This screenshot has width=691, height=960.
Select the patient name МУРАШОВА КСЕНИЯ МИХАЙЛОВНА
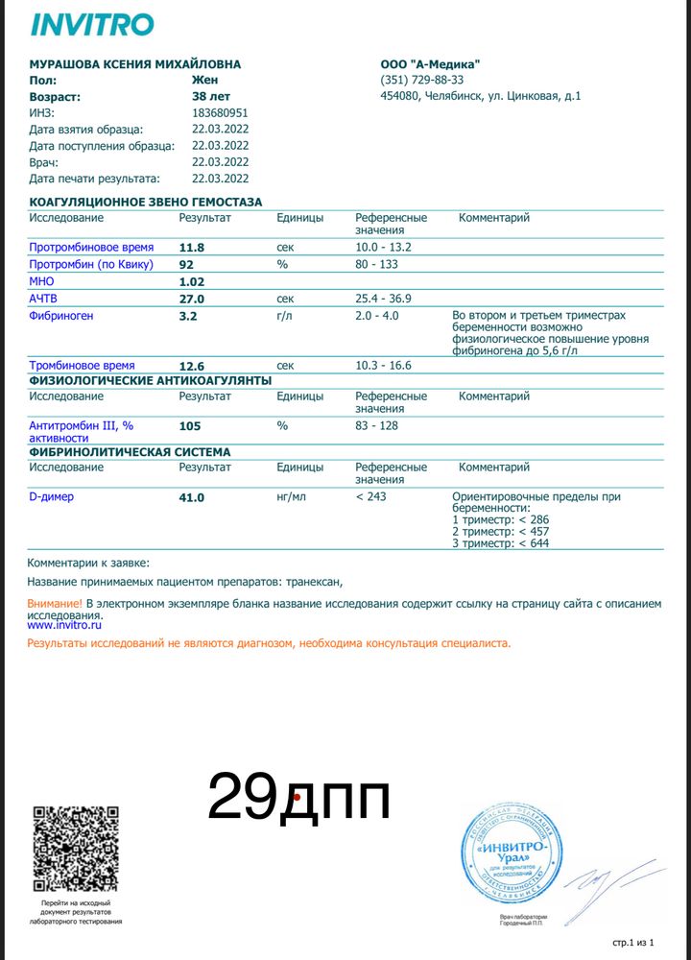pyautogui.click(x=135, y=64)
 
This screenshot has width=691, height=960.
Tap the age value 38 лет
pyautogui.click(x=212, y=97)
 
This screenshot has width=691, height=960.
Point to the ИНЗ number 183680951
pyautogui.click(x=220, y=113)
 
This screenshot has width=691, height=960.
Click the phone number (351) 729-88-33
pyautogui.click(x=421, y=81)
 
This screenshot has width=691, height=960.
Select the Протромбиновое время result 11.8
pyautogui.click(x=193, y=248)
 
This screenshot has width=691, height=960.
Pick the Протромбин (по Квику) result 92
pyautogui.click(x=187, y=265)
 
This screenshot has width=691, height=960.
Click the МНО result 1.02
pyautogui.click(x=193, y=282)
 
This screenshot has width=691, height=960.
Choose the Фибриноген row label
pyautogui.click(x=61, y=316)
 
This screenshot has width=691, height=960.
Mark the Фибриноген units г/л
pyautogui.click(x=284, y=316)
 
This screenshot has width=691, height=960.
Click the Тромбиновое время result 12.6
pyautogui.click(x=193, y=366)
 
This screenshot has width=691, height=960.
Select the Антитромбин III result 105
pyautogui.click(x=190, y=425)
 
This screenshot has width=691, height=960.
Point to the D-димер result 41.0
pyautogui.click(x=193, y=497)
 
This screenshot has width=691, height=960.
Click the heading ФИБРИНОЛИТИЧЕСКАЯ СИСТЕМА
pyautogui.click(x=130, y=451)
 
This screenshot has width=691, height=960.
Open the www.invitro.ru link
pyautogui.click(x=64, y=625)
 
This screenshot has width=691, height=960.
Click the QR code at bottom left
pyautogui.click(x=76, y=849)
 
